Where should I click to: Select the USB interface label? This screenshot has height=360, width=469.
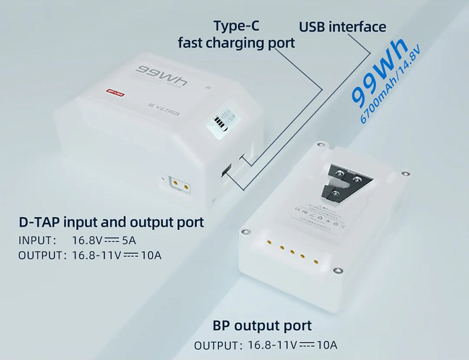coord(342,27)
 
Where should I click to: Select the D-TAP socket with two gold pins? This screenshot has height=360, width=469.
coord(179,184)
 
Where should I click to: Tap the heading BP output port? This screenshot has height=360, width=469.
coord(262,326)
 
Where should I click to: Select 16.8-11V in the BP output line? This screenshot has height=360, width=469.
coord(272,345)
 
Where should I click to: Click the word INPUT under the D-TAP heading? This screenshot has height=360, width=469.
coord(36,240)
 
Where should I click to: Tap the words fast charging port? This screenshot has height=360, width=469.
coord(237,43)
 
